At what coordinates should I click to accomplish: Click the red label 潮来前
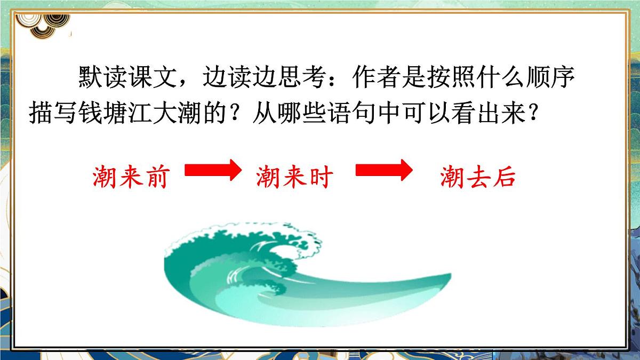pyautogui.click(x=130, y=177)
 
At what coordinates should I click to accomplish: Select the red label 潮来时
pyautogui.click(x=294, y=177)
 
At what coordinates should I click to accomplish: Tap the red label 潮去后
pyautogui.click(x=478, y=177)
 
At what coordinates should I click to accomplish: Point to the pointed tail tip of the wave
pyautogui.click(x=447, y=277)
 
